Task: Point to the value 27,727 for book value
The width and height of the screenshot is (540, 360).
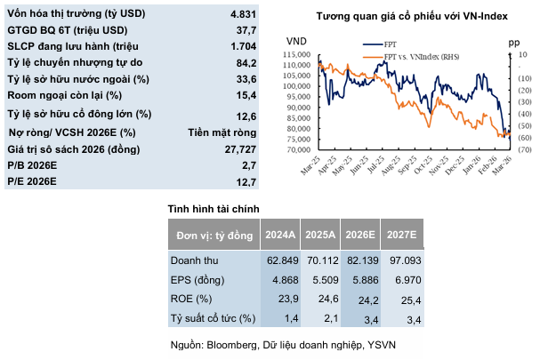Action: [x=239, y=148]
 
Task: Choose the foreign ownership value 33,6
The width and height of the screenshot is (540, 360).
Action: [x=246, y=78]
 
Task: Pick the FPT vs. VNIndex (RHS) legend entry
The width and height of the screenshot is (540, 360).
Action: [x=419, y=56]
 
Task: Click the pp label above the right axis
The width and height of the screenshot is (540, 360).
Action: [x=513, y=41]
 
